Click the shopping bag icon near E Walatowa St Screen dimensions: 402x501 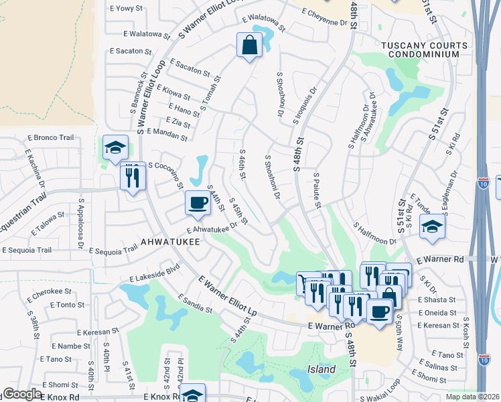249,46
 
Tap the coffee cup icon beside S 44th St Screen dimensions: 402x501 198,202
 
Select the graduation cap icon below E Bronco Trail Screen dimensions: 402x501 115,147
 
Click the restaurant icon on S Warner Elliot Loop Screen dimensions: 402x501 132,176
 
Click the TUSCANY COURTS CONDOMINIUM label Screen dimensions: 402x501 423,50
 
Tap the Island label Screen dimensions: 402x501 321,370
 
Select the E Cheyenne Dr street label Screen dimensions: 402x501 325,17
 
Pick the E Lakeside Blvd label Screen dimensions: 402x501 155,271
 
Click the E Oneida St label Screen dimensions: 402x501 437,312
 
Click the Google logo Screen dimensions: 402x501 21,395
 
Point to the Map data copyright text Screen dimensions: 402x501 472,397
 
